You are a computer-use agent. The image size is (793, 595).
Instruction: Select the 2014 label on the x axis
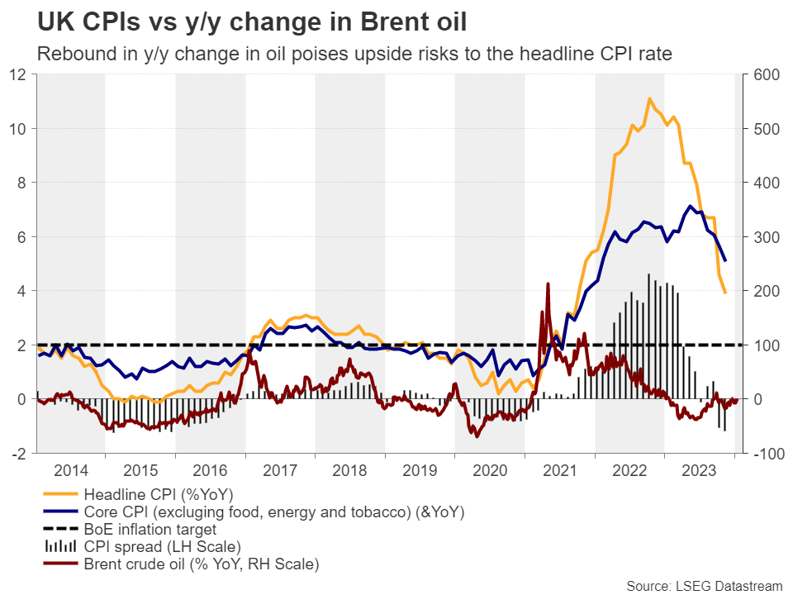[70, 470]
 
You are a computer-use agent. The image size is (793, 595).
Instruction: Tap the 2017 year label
[280, 470]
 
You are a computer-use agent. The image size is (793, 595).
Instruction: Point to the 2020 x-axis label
[490, 470]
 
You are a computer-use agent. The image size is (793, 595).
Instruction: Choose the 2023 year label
[700, 470]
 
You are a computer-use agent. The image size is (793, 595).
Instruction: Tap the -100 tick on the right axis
[763, 454]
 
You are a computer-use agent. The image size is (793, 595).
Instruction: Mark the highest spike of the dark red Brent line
[548, 283]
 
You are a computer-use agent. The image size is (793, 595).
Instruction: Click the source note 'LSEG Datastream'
[705, 585]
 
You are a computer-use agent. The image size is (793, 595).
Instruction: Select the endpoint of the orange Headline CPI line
[725, 293]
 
